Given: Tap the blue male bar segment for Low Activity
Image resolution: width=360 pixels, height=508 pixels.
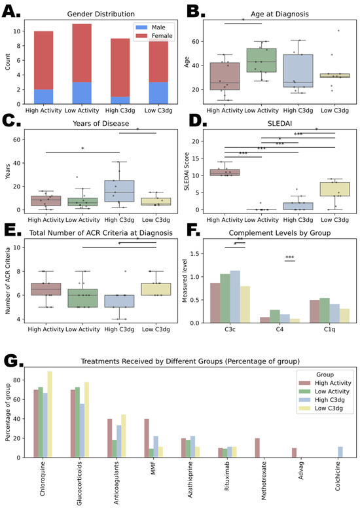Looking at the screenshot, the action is [x=82, y=93].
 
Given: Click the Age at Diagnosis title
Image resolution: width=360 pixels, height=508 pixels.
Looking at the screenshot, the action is [x=279, y=14].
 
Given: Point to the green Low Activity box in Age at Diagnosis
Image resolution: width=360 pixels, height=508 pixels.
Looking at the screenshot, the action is [x=261, y=60].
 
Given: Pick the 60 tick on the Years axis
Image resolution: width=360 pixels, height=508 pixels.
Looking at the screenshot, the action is [x=16, y=139].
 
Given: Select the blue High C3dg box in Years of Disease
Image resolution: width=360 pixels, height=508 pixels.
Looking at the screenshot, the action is [x=119, y=191].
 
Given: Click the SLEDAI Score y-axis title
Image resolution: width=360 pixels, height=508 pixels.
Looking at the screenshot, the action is [x=187, y=171].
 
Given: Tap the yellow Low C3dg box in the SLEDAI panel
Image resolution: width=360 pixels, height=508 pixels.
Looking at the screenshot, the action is [x=334, y=189].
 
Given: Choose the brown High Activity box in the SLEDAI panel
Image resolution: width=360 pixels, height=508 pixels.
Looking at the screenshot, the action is [x=225, y=172].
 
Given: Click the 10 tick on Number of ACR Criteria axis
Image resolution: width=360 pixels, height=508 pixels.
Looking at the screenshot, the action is [x=16, y=247].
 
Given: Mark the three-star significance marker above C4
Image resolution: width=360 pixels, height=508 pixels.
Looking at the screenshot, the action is [x=290, y=257].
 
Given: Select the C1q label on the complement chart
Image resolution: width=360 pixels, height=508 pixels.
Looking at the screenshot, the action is [x=329, y=329].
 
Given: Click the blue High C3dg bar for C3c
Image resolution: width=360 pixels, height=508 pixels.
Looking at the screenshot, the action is [x=235, y=297].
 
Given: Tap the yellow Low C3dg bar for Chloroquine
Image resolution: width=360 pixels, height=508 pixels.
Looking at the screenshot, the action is [x=50, y=414].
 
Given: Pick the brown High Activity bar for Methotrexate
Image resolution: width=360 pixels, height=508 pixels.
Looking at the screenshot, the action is [x=257, y=448].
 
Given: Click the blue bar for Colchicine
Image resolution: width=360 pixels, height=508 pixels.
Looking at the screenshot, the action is [x=340, y=452].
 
